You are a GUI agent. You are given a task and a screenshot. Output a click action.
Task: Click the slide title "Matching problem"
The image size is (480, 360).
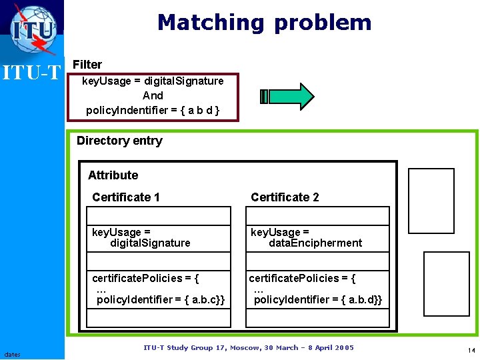pos(264,23)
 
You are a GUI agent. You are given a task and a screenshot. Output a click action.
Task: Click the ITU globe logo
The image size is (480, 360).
pos(33,29)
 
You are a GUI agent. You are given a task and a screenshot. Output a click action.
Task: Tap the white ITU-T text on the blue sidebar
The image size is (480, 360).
pos(32,72)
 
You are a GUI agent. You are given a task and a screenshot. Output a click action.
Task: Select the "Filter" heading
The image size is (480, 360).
pos(87,65)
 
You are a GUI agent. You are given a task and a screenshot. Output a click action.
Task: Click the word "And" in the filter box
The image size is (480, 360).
pos(153,95)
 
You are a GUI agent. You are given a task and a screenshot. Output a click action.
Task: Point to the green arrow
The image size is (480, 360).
pos(287,96)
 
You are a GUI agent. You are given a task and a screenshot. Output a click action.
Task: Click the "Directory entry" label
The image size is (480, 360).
pos(119,141)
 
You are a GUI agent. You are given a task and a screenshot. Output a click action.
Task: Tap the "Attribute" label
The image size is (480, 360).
pos(113,175)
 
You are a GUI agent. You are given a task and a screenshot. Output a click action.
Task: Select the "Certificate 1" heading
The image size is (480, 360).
pos(126,197)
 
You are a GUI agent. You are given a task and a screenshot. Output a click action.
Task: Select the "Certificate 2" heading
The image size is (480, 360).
pos(285,197)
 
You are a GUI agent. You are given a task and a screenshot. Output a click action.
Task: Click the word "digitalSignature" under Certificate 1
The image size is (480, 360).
pos(150,243)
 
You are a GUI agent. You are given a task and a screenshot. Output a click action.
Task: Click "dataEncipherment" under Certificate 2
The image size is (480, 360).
pos(315,243)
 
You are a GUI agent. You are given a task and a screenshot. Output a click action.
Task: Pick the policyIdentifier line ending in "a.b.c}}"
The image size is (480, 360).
pos(161,300)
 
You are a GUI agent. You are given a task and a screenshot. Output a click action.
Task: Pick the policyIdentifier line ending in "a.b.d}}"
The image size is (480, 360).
pos(319,300)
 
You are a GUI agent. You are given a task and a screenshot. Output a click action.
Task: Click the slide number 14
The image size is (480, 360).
pos(471,351)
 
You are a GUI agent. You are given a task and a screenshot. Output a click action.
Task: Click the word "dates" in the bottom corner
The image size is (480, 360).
pos(11,354)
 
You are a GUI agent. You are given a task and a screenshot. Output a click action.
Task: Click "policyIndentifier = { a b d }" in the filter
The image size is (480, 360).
pos(153,110)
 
